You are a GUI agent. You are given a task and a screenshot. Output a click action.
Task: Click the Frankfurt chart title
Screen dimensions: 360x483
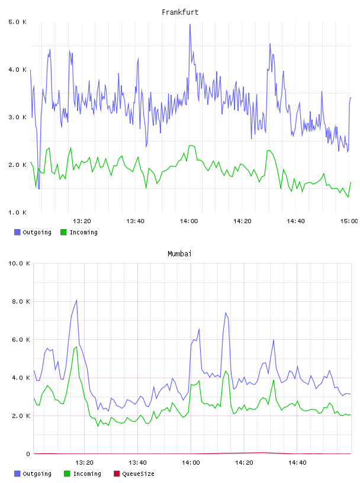180,12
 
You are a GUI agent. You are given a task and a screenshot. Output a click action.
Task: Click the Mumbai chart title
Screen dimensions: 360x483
179,254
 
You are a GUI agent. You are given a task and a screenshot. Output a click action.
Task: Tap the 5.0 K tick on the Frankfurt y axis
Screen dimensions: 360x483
18,22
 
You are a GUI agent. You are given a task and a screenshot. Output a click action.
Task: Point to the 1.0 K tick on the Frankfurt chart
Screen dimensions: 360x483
18,212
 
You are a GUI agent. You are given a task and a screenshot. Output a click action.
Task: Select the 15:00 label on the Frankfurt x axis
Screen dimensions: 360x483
349,221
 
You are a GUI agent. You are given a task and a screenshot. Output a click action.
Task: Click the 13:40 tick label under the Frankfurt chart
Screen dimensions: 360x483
136,221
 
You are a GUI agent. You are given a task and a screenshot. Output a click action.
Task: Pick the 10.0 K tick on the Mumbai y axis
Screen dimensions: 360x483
19,263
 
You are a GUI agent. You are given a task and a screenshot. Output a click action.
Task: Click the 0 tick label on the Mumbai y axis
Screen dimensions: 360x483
28,454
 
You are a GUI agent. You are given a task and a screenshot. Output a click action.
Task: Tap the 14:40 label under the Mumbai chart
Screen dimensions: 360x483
297,463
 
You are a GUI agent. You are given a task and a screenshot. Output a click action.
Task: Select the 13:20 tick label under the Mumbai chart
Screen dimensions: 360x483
84,463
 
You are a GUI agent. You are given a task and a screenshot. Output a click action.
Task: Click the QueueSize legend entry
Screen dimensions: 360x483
134,474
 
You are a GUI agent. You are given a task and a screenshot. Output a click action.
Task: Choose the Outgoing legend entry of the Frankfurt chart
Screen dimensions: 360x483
33,232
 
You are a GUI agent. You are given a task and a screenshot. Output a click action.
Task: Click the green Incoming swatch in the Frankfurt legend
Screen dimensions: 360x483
63,232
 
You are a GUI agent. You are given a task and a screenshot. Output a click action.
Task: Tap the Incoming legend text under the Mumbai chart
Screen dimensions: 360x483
87,474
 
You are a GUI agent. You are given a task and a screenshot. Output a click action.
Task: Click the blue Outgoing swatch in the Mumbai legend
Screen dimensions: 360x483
17,474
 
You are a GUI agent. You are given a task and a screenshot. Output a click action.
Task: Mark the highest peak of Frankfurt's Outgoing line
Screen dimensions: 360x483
190,24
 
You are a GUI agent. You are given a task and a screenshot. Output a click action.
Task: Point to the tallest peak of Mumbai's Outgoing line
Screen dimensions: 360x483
76,300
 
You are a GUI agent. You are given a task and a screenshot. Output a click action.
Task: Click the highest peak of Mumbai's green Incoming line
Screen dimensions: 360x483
76,347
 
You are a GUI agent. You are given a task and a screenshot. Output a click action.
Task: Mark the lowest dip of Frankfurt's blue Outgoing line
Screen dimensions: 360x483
39,189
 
